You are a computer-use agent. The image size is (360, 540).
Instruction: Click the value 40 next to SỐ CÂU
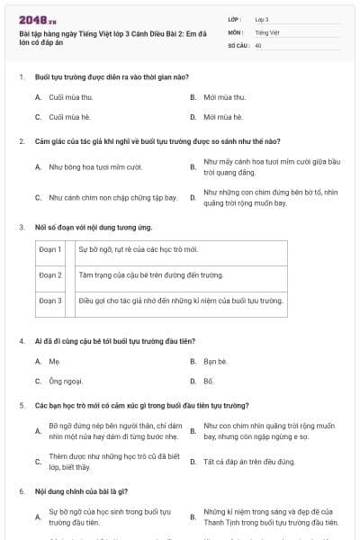coord(258,44)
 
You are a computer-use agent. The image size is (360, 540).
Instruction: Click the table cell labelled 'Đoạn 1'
coord(50,248)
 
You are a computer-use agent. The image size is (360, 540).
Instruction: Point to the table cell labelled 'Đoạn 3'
coord(50,300)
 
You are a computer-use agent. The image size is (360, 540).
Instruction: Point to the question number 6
coord(21,491)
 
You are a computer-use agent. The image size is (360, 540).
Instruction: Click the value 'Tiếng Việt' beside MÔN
coord(267,31)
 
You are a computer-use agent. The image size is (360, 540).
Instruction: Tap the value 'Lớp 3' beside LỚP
coord(262,19)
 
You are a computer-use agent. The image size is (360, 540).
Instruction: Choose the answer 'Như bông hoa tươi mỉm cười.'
coord(96,166)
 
